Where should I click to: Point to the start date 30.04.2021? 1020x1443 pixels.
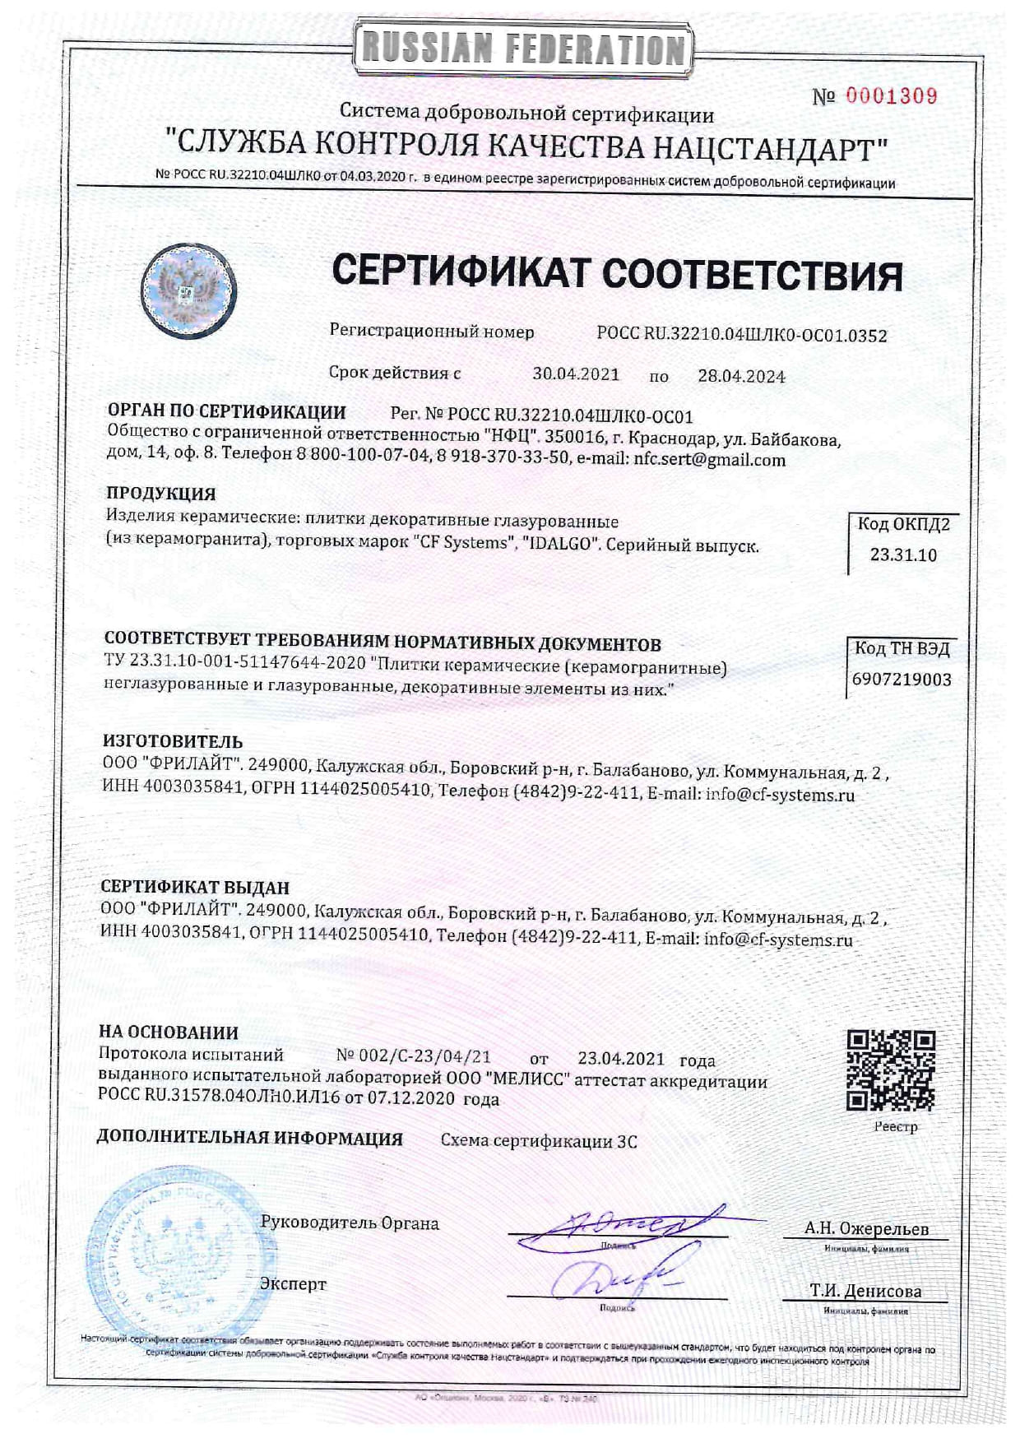576,374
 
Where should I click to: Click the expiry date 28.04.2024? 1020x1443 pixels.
741,376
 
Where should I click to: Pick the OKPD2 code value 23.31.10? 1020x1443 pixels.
903,555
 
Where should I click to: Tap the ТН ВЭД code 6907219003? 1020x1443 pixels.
902,680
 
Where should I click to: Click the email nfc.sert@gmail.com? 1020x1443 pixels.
709,460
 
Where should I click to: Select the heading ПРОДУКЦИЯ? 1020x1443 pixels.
161,494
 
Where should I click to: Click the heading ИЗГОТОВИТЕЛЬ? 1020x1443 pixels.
173,741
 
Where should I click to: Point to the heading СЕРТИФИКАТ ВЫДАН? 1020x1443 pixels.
195,887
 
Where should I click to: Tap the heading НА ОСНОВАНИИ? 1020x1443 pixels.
169,1032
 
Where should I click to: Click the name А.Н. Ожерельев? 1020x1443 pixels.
866,1229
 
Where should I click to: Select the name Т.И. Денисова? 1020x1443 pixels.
865,1291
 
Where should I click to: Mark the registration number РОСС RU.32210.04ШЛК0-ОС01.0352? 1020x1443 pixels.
741,335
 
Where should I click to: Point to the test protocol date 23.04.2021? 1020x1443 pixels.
620,1059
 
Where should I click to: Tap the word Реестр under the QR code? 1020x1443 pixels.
895,1127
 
